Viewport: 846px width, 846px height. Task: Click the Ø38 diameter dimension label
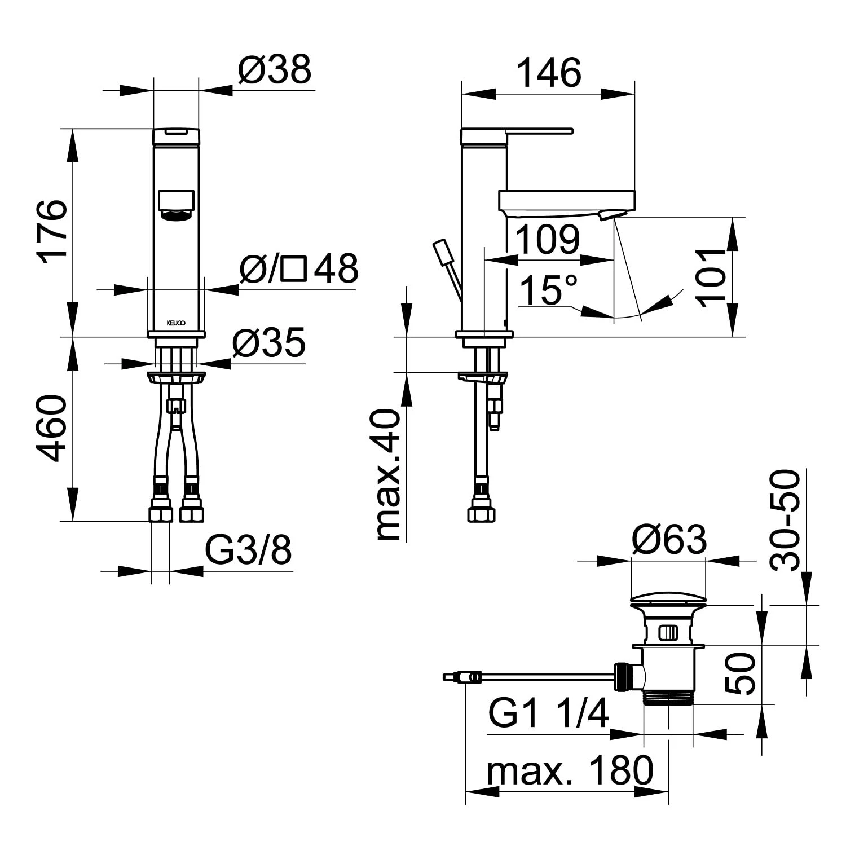[x=275, y=70]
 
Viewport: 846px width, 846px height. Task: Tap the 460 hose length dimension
[x=52, y=428]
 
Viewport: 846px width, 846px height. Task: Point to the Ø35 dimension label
[x=269, y=342]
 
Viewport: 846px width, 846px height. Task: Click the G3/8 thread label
[x=248, y=550]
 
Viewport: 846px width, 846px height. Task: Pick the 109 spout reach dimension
[x=548, y=239]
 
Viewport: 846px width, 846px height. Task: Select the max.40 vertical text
[x=389, y=475]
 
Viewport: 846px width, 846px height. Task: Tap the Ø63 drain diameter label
[x=669, y=539]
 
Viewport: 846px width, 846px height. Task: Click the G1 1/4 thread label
[x=549, y=713]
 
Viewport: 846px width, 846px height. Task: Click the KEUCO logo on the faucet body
[x=176, y=324]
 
